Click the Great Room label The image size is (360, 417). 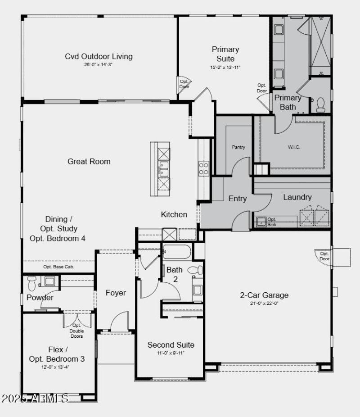pos(89,161)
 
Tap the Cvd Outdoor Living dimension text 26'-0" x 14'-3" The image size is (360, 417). pos(99,65)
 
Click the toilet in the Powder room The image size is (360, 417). pos(31,283)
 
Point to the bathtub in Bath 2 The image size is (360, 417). pos(177,251)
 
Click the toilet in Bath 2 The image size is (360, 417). pos(195,270)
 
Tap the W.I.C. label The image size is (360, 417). pos(294,147)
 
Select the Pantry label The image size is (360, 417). pos(238,147)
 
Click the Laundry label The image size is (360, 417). pos(297,197)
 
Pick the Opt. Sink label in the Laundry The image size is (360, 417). pos(272,222)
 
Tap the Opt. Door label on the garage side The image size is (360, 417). pos(324,256)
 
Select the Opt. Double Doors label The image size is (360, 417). pos(76,331)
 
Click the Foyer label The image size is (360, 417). pos(116,293)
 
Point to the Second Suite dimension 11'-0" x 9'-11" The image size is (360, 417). pos(171,353)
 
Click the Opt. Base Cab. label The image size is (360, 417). pos(58,267)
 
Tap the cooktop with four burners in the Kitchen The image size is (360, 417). pos(203,168)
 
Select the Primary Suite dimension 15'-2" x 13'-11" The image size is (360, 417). pos(225,67)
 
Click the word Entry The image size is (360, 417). pos(237,199)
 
